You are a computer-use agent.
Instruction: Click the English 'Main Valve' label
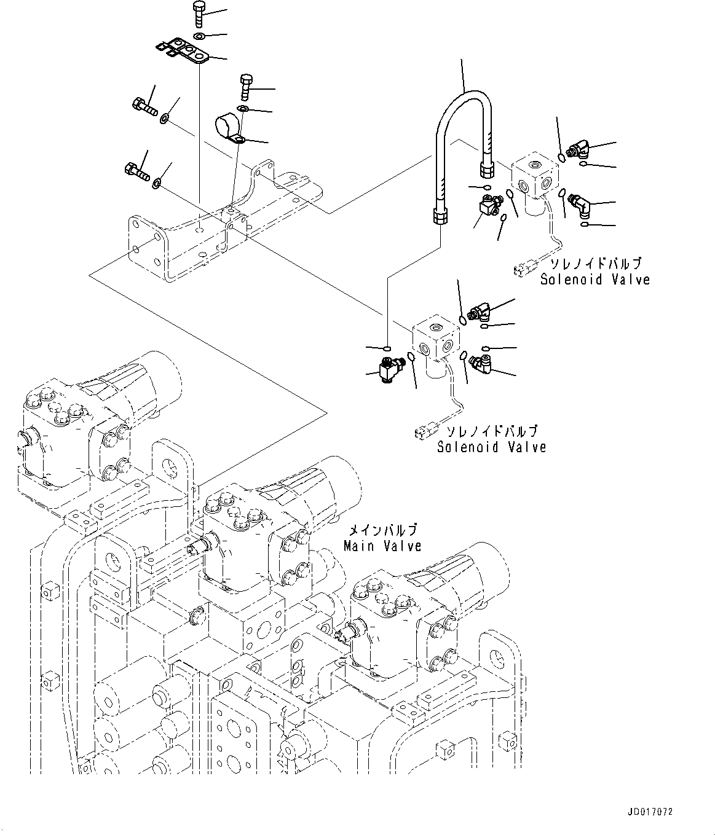tap(382, 546)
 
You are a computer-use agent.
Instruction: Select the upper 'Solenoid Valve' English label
tap(595, 280)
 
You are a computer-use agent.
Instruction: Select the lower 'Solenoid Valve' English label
tap(491, 447)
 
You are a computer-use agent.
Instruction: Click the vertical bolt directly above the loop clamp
tap(245, 86)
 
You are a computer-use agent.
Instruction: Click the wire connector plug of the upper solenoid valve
tap(524, 268)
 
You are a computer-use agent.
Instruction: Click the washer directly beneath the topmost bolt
tap(200, 37)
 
